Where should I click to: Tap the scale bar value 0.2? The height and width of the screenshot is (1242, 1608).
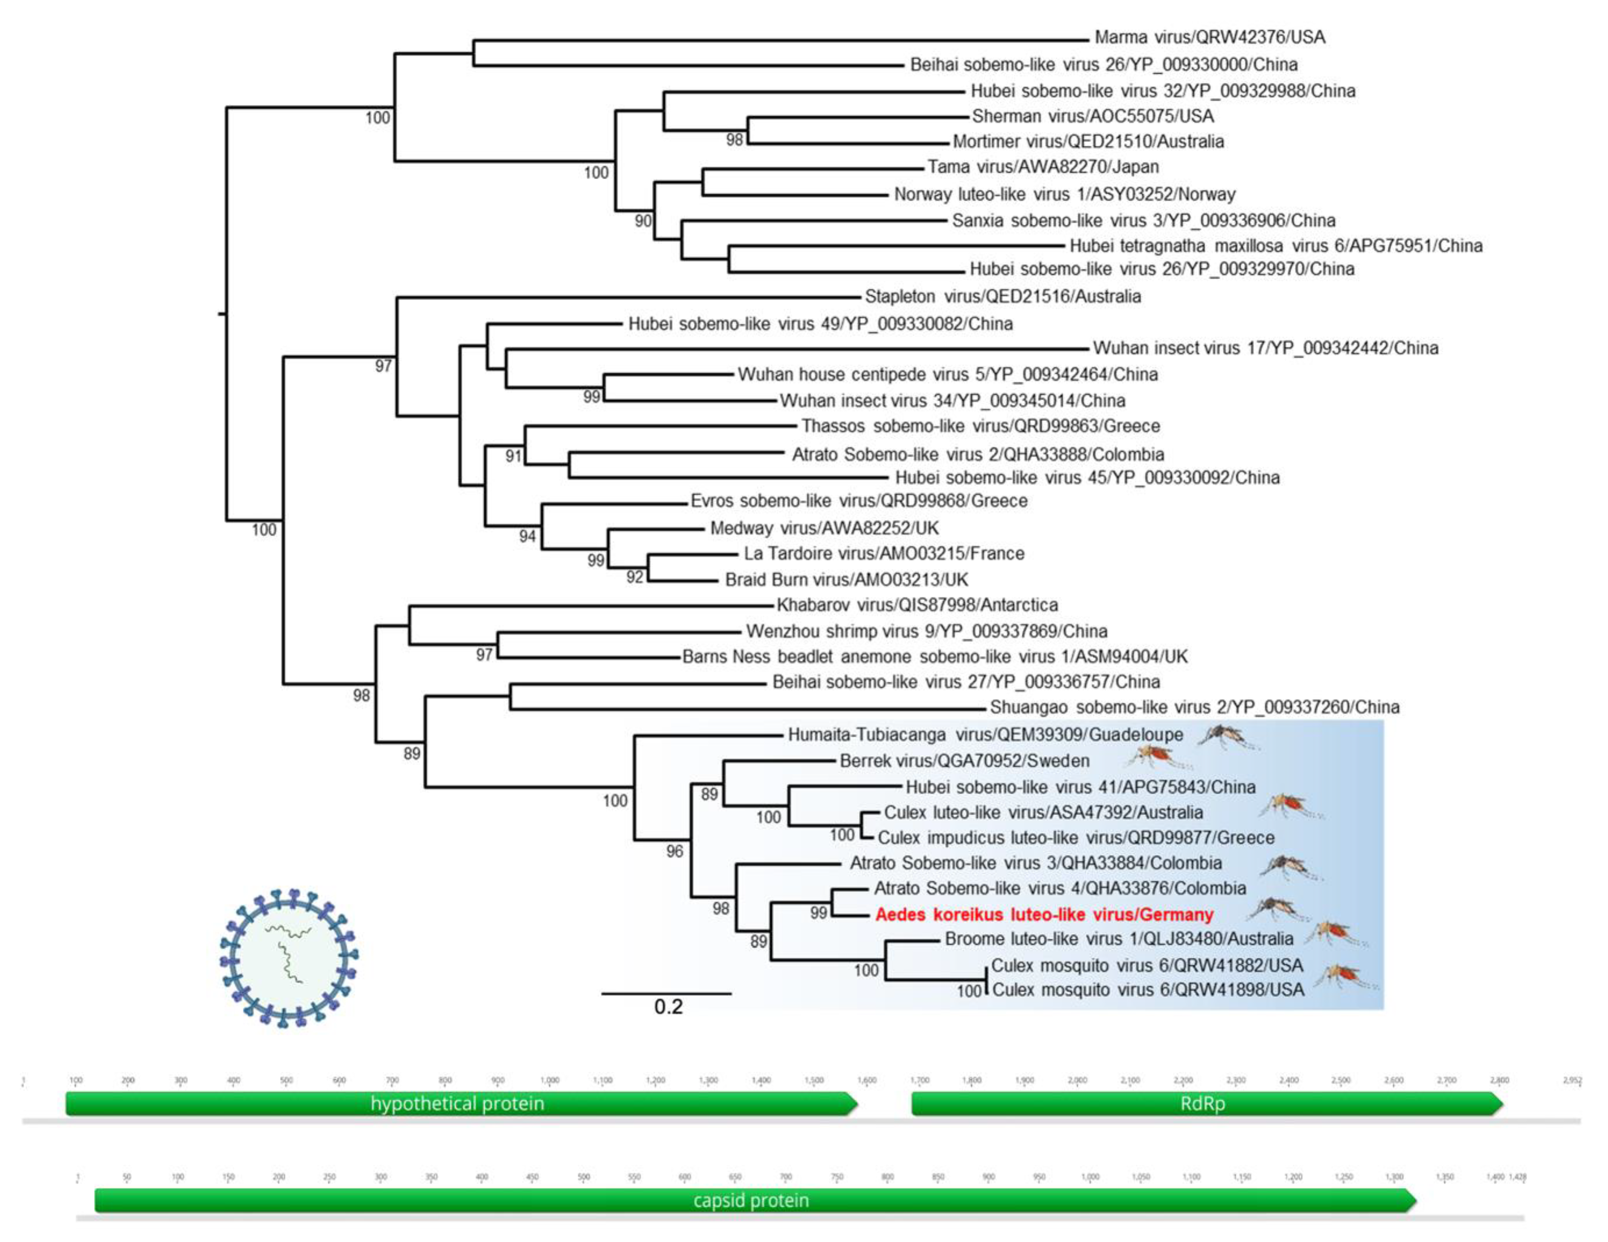[668, 1006]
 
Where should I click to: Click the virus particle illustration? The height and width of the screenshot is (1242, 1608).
[289, 958]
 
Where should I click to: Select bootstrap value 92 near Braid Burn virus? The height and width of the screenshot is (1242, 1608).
[635, 577]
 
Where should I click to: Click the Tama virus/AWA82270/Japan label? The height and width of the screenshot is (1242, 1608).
[1043, 167]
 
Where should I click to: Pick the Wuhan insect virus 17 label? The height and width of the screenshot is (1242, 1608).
[1265, 348]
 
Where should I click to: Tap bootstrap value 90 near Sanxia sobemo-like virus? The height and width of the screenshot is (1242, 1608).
[643, 220]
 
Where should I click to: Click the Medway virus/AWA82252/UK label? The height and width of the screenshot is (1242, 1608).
[824, 528]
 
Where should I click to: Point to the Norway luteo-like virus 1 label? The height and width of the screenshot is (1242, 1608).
[1064, 194]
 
